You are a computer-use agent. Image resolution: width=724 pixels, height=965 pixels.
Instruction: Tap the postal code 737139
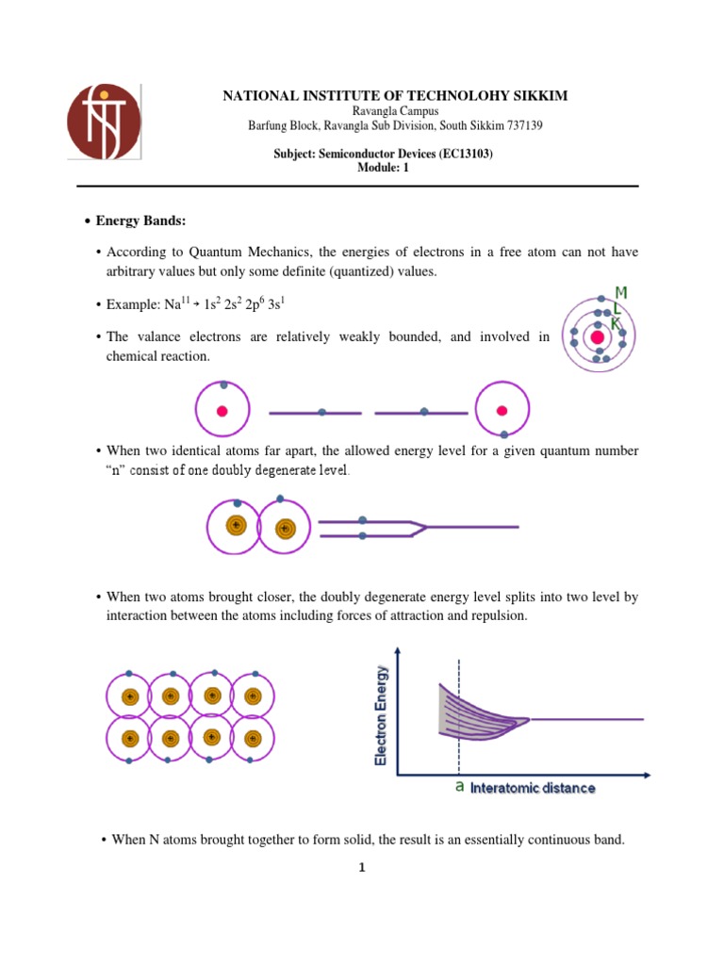[522, 125]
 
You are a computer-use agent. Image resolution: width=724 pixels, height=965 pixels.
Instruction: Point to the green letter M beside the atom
[621, 293]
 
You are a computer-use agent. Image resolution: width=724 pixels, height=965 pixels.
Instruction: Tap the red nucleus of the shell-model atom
[597, 337]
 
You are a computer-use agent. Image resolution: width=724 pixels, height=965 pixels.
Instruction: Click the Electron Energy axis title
[383, 715]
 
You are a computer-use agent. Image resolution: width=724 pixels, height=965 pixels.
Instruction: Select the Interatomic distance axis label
[533, 788]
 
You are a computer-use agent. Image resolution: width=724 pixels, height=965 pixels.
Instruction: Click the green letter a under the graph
[459, 788]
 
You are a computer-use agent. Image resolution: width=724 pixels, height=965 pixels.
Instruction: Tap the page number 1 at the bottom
[361, 869]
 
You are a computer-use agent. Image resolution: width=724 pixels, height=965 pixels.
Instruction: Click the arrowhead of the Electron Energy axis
[401, 650]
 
